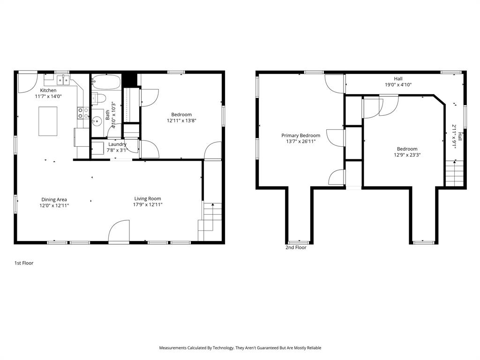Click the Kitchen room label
coord(48,90)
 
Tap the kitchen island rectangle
coord(48,121)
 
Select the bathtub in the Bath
coord(106,82)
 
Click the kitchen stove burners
coord(83,112)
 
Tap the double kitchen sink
coord(64,80)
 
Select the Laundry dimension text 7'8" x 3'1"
coord(117,150)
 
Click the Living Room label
coord(148,199)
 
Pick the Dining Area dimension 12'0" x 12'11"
coord(54,205)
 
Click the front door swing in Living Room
coord(119,232)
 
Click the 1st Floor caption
coord(24,263)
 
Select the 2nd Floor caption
coord(296,247)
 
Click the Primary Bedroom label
coord(300,135)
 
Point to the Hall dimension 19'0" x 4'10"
coord(398,85)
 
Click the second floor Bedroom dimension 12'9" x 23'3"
coord(406,155)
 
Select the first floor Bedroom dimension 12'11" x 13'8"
coord(181,120)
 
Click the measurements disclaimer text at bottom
coord(240,348)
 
